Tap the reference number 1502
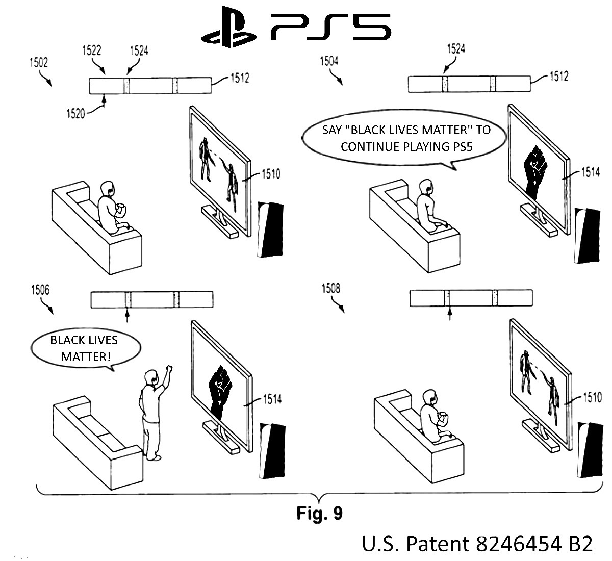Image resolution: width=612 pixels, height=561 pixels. pos(38,63)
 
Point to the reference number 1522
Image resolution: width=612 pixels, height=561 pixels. pos(91,50)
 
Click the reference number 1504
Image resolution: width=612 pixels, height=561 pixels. pos(329,62)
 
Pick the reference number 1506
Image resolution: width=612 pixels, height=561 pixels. pos(40,290)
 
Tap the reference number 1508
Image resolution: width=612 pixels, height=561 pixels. pos(330,289)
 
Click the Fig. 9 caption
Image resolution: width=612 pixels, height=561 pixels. pos(319,513)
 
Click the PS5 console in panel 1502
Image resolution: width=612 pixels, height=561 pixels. pos(270,230)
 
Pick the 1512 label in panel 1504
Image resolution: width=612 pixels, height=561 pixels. pos(558,76)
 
